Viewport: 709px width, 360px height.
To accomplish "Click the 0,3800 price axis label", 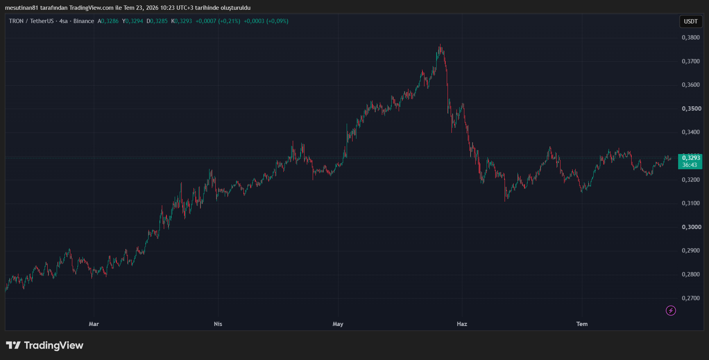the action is click(691, 38).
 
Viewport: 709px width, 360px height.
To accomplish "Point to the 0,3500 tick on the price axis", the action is click(691, 109).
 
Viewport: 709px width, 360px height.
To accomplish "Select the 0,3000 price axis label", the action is click(691, 227).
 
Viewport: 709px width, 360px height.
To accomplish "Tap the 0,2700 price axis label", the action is click(691, 298).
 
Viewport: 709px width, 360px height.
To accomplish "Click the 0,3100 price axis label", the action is click(691, 203).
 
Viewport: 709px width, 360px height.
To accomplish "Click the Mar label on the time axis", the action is click(94, 324).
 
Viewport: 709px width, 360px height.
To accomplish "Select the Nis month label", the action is click(218, 324).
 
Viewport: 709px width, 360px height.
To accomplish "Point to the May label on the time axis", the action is click(338, 324).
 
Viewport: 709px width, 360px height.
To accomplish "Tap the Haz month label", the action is click(462, 324).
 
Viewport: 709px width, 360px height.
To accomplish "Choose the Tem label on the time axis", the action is click(582, 324).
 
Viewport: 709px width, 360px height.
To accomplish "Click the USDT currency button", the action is click(691, 21).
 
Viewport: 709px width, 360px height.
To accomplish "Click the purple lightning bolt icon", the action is click(671, 311).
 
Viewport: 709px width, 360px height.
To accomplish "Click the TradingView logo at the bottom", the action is click(45, 346).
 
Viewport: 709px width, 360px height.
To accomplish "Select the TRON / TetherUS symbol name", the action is click(31, 21).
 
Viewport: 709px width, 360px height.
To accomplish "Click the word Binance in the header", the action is click(84, 21).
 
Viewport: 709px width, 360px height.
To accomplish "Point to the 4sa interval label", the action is click(63, 21).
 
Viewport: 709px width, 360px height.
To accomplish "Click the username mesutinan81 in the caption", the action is click(21, 8).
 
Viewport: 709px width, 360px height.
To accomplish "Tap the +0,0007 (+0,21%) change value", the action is click(218, 21).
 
